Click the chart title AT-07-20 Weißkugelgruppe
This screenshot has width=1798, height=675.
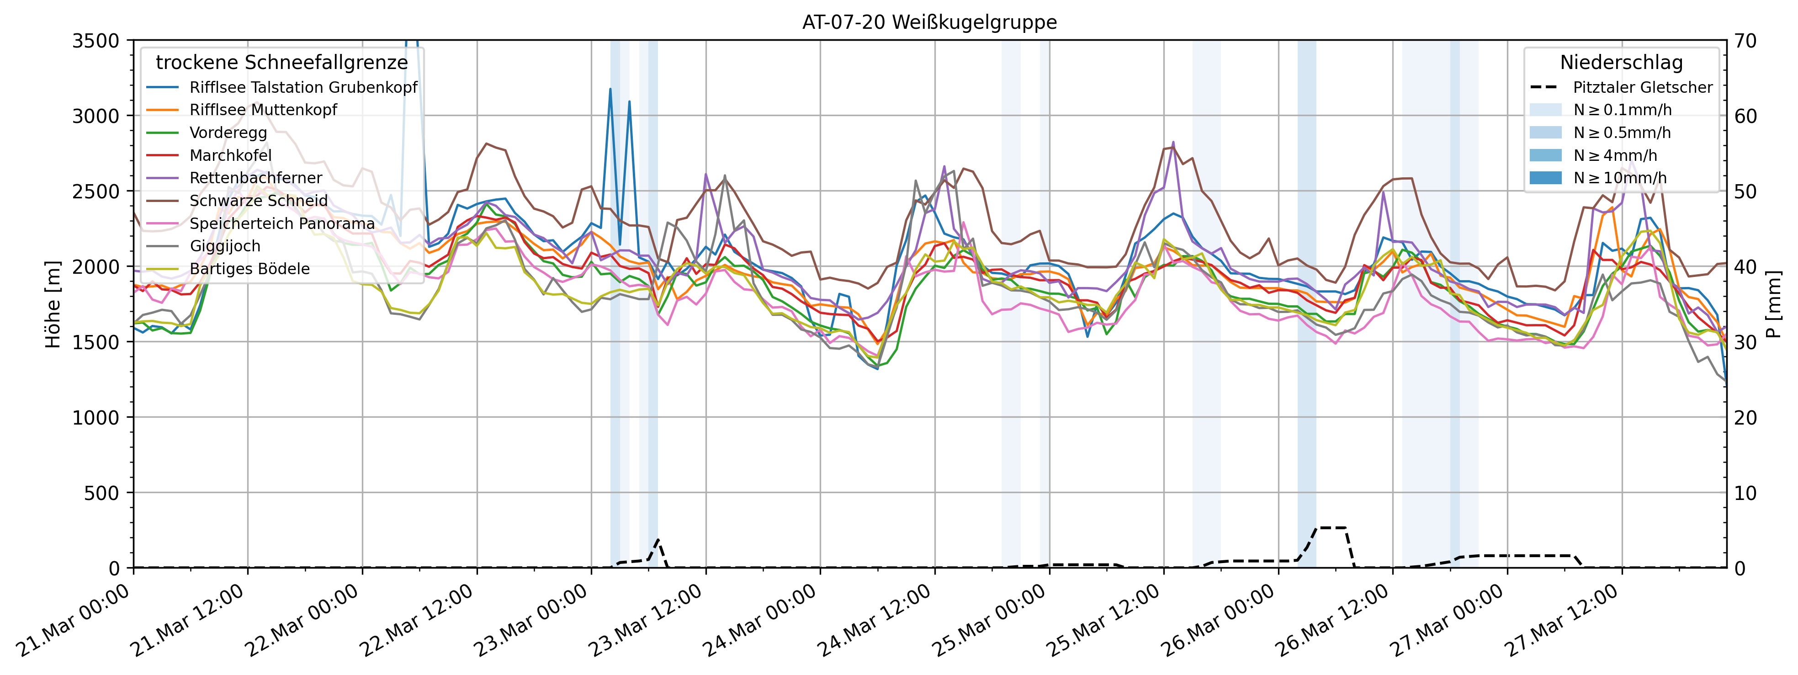[929, 22]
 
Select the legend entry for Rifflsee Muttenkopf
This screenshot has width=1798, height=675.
[263, 110]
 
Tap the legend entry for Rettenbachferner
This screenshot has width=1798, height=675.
[255, 178]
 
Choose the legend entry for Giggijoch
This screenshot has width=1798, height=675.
[225, 246]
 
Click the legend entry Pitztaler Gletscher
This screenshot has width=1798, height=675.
[1642, 87]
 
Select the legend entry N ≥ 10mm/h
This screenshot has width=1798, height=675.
[1619, 178]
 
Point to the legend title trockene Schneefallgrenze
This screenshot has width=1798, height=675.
[281, 63]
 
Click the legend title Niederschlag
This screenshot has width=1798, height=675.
[1621, 63]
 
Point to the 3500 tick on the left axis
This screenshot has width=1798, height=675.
[95, 41]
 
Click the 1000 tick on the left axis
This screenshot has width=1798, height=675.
[95, 417]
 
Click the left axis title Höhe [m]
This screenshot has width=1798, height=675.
[53, 304]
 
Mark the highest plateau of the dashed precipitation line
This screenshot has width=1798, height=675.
[1331, 528]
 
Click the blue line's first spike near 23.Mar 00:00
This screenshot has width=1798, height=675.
[610, 90]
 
